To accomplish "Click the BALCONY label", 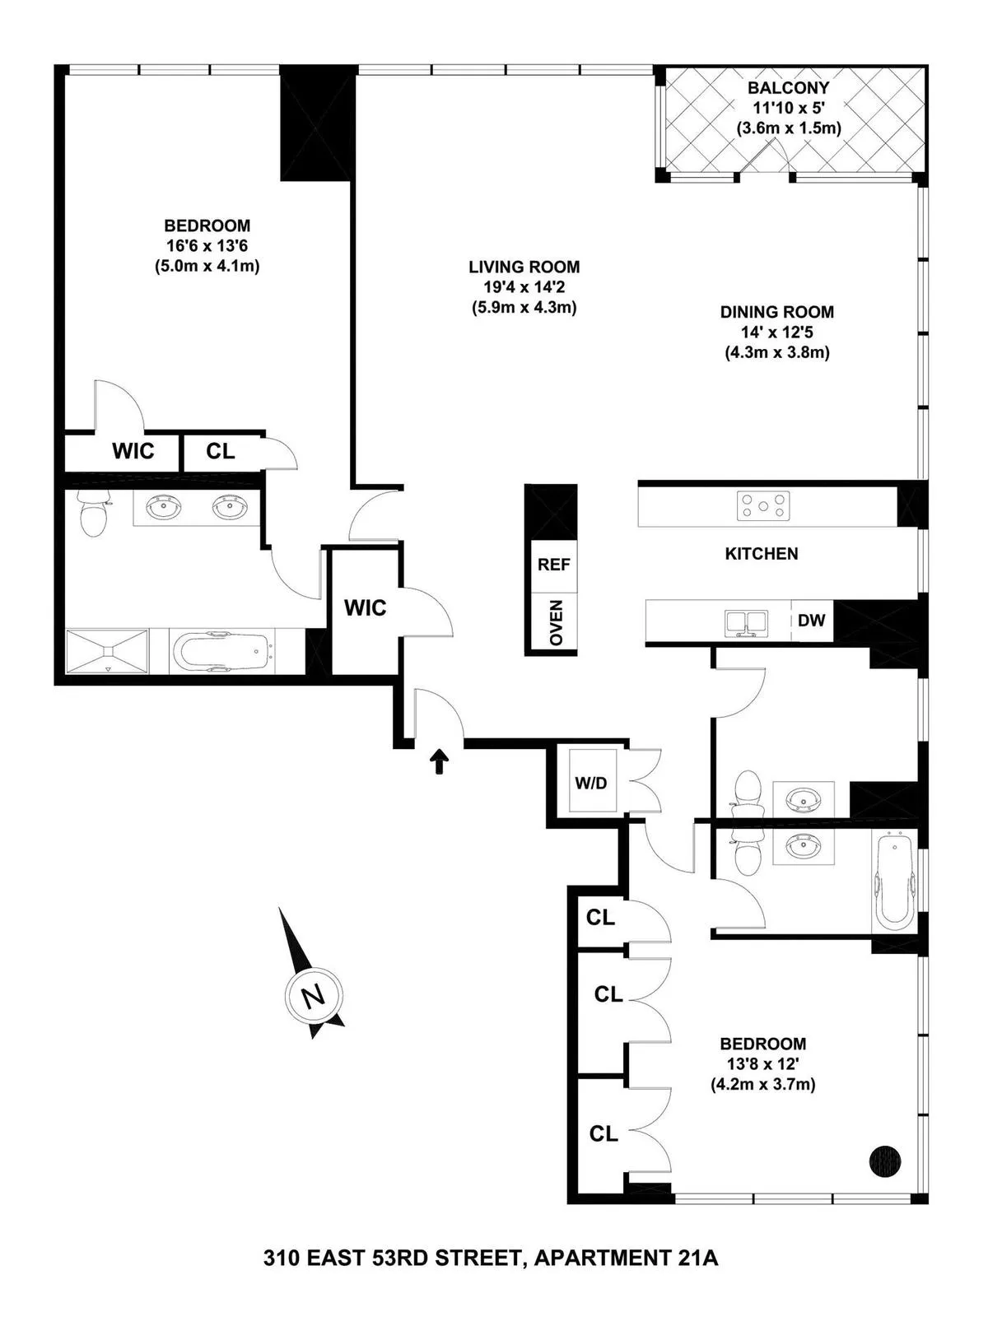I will coord(788,87).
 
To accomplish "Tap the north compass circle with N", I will coord(312,998).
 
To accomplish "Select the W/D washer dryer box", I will coord(590,783).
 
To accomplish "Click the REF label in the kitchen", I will coord(553,565).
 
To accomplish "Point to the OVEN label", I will coord(556,623).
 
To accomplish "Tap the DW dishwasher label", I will coord(811,621).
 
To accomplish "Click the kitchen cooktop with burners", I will coord(764,505).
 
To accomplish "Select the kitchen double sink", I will coord(746,623).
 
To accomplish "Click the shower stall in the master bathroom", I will coord(107,652).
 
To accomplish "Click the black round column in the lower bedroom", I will coord(885,1161).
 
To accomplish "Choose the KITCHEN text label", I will coord(761,554).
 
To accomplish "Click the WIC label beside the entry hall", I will coord(365,608).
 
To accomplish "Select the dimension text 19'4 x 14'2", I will coord(524,287).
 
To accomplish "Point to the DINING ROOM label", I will coord(776,312).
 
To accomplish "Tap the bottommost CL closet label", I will coord(604,1134).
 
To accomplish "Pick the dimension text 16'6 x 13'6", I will coord(207,245).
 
